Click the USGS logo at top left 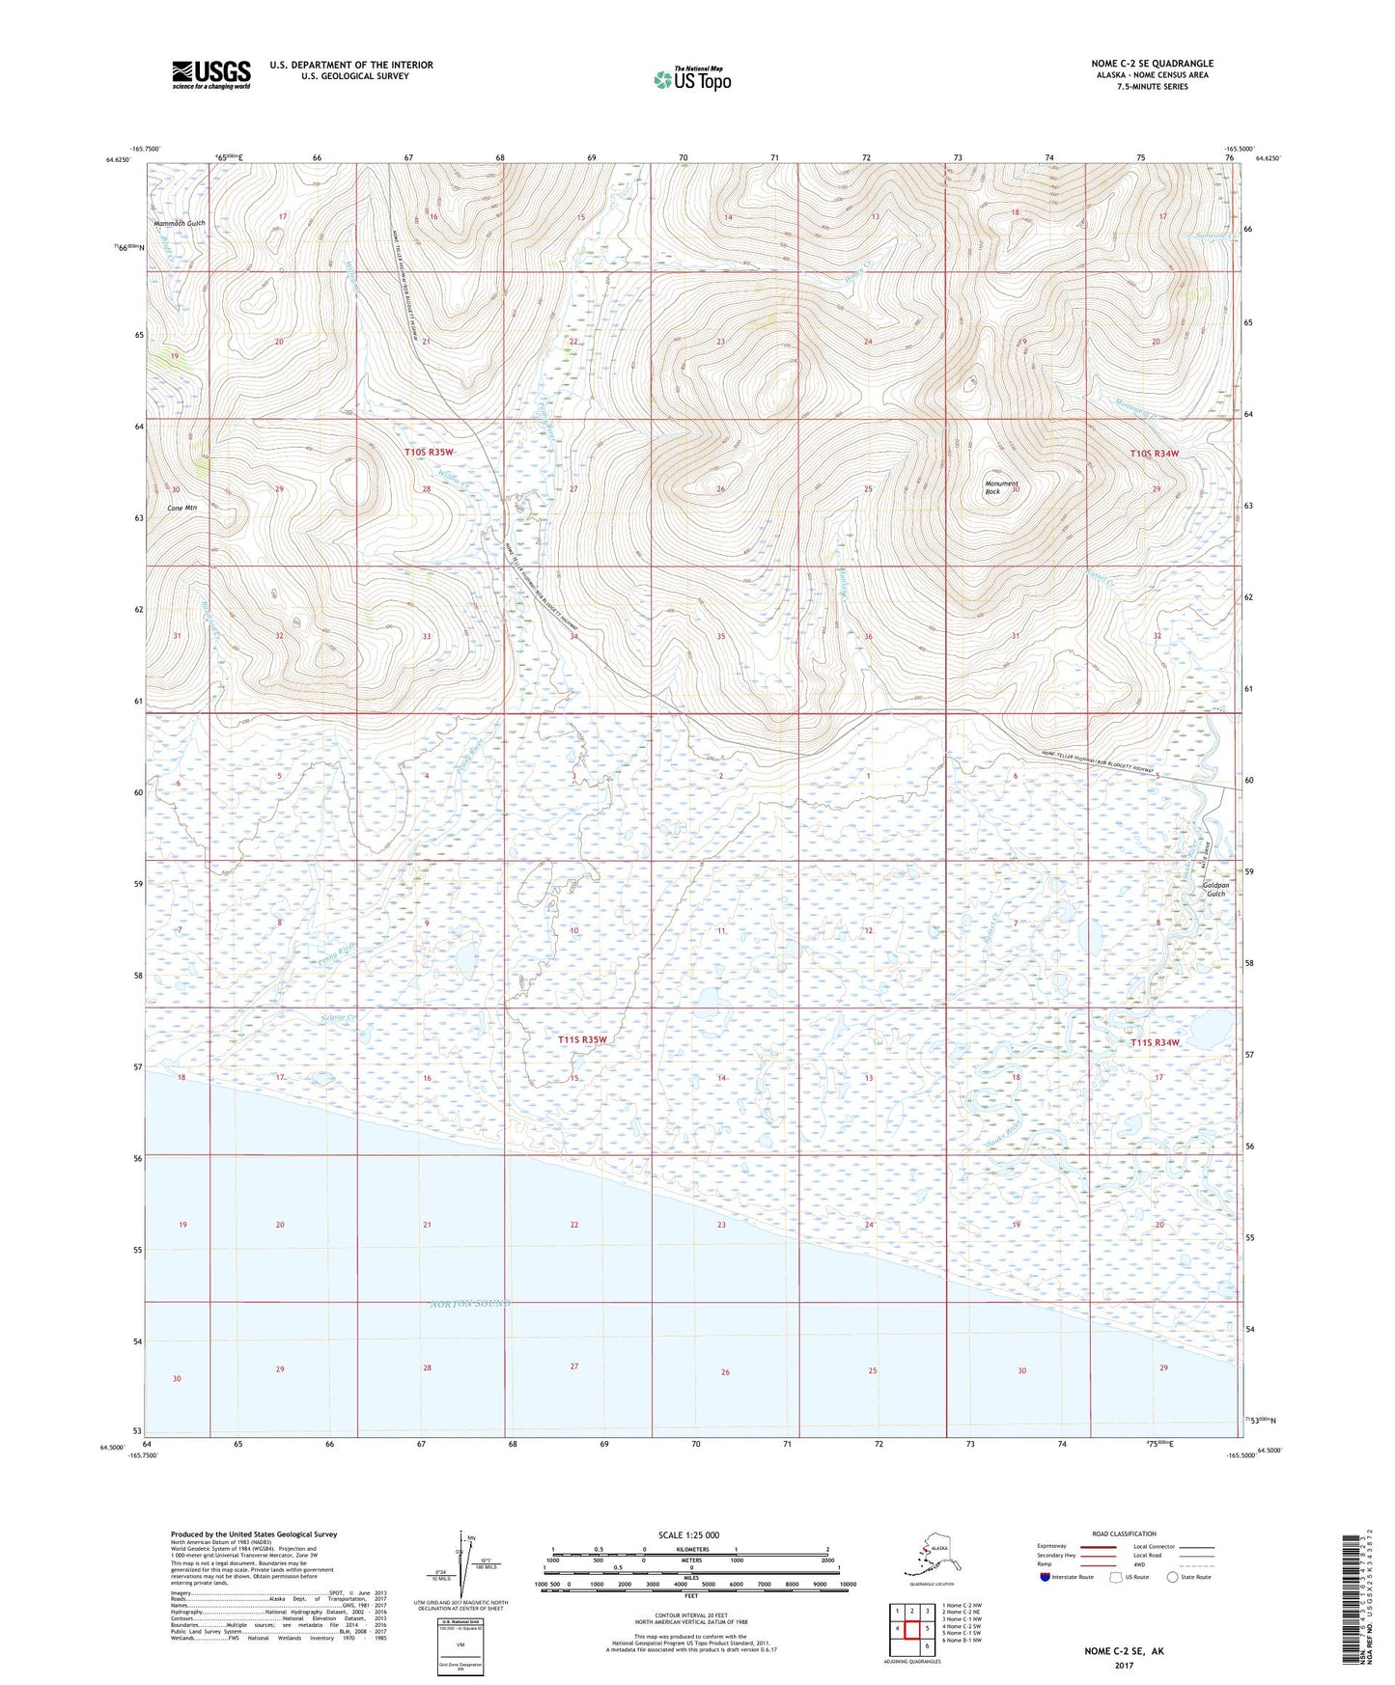pyautogui.click(x=210, y=73)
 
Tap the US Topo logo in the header pyautogui.click(x=691, y=79)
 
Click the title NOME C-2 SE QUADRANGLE pyautogui.click(x=1152, y=64)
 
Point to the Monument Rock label pyautogui.click(x=1001, y=487)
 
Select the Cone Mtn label pyautogui.click(x=181, y=508)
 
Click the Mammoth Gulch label pyautogui.click(x=180, y=223)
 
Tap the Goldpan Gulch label pyautogui.click(x=1215, y=889)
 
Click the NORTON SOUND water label pyautogui.click(x=469, y=1304)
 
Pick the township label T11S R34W pyautogui.click(x=1155, y=1043)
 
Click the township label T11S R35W pyautogui.click(x=583, y=1039)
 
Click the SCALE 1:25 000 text pyautogui.click(x=689, y=1534)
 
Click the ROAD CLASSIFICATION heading pyautogui.click(x=1124, y=1533)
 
